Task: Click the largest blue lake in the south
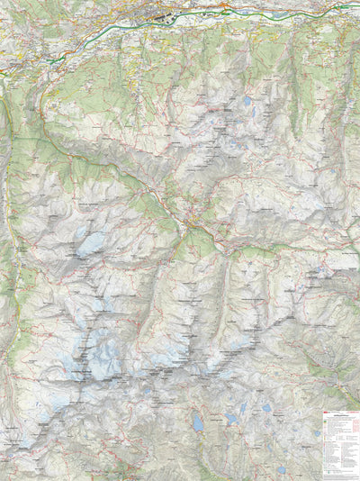pyautogui.click(x=197, y=422)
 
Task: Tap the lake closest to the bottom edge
pyautogui.click(x=281, y=469)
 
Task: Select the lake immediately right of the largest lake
pyautogui.click(x=231, y=418)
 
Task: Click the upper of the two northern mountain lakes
pyautogui.click(x=247, y=102)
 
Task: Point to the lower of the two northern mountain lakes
pyautogui.click(x=251, y=113)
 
